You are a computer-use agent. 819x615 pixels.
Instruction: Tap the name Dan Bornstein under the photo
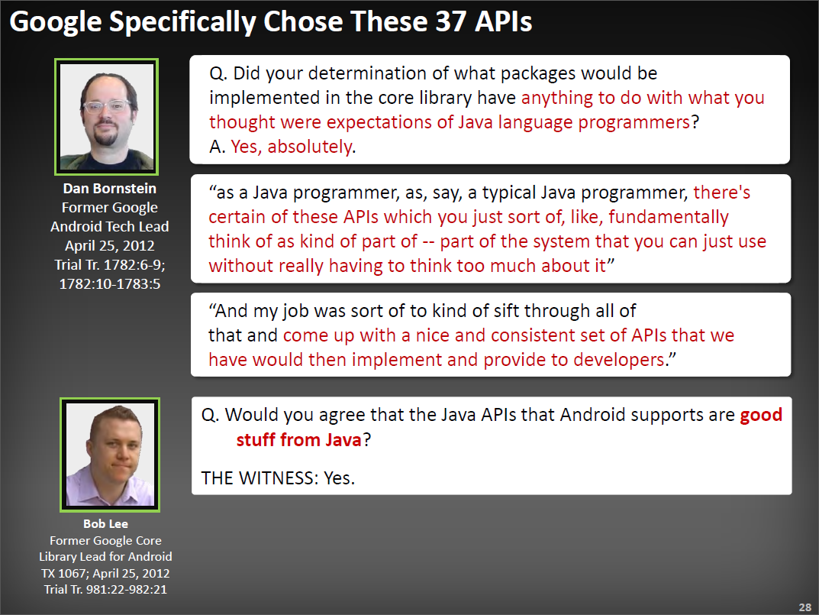click(109, 189)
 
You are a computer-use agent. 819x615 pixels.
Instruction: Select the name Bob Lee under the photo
click(105, 524)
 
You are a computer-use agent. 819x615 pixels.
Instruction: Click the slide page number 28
click(804, 607)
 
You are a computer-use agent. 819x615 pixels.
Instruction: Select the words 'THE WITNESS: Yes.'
click(278, 478)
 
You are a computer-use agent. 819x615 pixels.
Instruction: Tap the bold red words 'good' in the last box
click(761, 415)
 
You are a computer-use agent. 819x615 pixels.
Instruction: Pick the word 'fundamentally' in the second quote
click(668, 218)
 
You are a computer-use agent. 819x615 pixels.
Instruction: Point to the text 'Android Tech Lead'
click(109, 227)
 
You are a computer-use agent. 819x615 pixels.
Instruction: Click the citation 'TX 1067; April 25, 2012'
click(105, 573)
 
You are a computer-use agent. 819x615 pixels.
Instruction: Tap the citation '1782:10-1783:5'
click(109, 284)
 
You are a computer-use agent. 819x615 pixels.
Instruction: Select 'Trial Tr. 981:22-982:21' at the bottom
click(105, 589)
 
